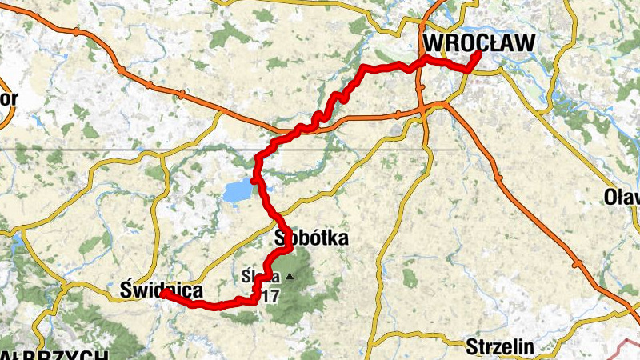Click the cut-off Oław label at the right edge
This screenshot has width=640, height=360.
[622, 197]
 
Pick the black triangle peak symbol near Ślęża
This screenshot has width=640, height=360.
[289, 278]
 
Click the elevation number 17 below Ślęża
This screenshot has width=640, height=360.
[270, 296]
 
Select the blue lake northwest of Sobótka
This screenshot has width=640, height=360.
[237, 191]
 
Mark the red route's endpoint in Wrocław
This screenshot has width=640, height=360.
[478, 54]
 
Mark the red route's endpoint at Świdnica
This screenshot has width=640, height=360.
[163, 293]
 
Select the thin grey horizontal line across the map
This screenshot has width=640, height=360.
[120, 150]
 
